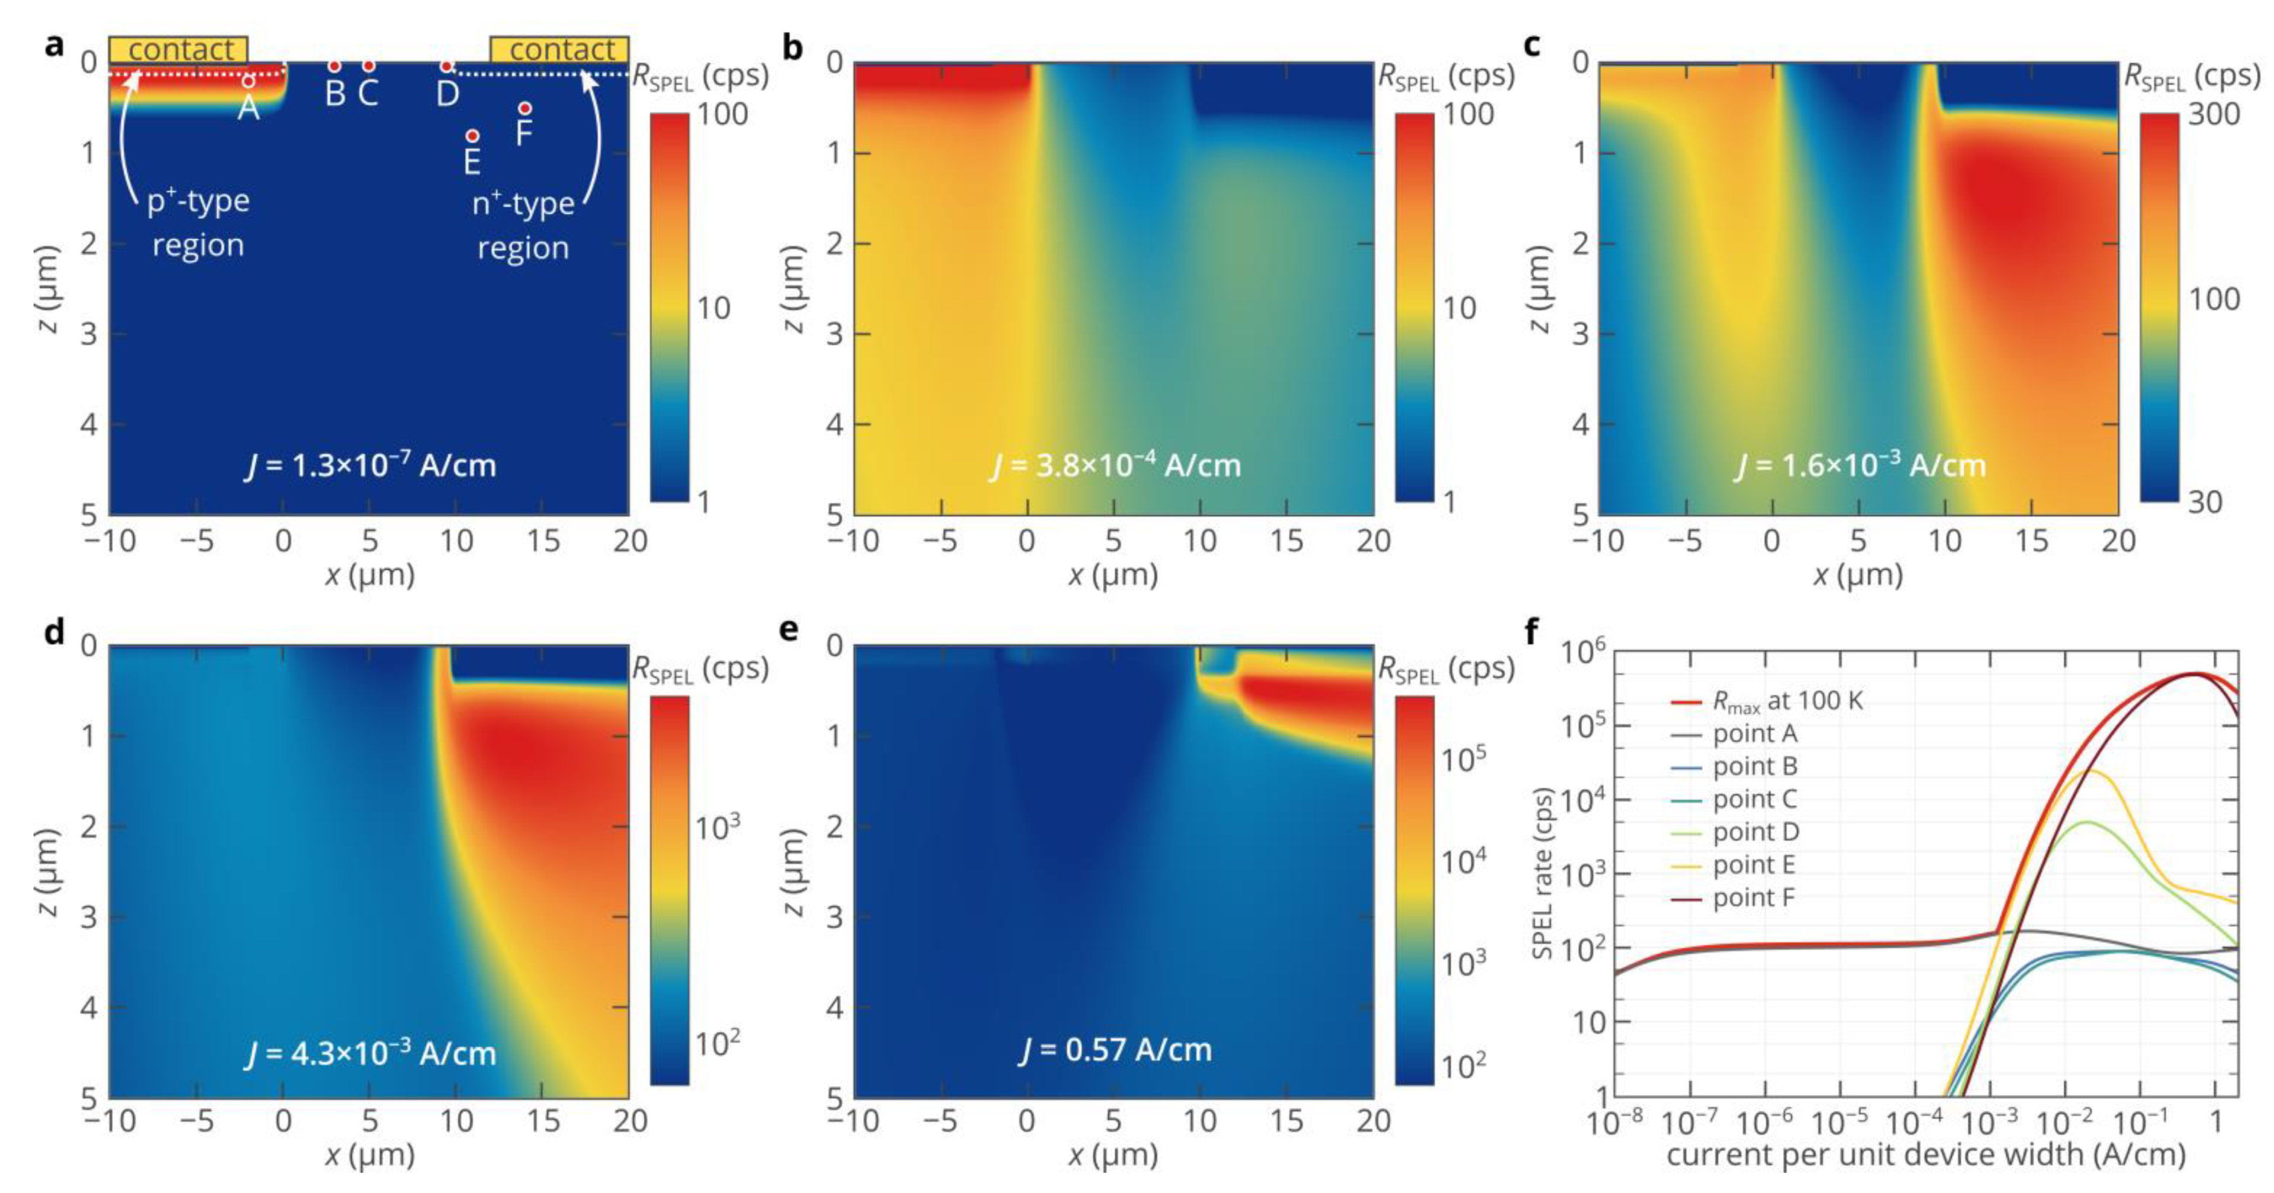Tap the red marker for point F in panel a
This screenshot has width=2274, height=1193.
pos(525,108)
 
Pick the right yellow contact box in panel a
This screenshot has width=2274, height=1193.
pos(559,50)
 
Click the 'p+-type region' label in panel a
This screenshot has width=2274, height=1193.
pos(198,223)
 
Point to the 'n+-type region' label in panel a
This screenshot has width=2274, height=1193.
pos(523,225)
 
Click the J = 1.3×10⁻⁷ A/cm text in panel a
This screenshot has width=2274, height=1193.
pos(370,465)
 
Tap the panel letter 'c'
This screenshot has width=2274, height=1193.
pos(1532,44)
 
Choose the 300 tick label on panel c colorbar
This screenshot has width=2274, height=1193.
pos(2213,115)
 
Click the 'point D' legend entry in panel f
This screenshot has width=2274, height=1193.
pos(1754,832)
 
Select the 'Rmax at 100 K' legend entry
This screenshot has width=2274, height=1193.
pos(1786,701)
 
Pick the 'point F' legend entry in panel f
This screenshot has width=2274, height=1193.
pos(1752,898)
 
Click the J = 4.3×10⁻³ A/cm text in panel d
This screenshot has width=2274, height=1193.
pos(370,1053)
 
